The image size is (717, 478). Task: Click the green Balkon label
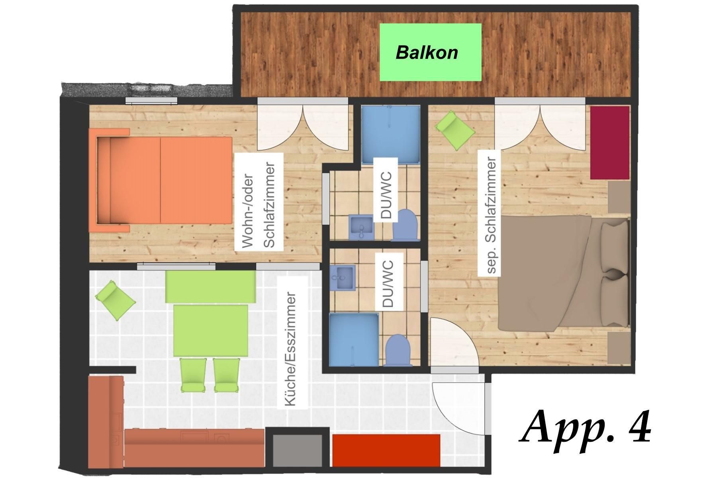430,52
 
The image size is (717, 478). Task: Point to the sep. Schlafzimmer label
489,215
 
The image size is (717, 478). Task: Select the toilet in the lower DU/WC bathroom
399,349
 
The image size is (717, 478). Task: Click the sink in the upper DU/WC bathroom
361,227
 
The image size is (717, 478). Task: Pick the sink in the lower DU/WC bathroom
342,278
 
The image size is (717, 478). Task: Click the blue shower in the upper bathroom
391,135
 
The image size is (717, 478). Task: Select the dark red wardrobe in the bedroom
610,143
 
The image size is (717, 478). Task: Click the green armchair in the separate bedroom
455,130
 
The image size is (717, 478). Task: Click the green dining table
211,330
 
